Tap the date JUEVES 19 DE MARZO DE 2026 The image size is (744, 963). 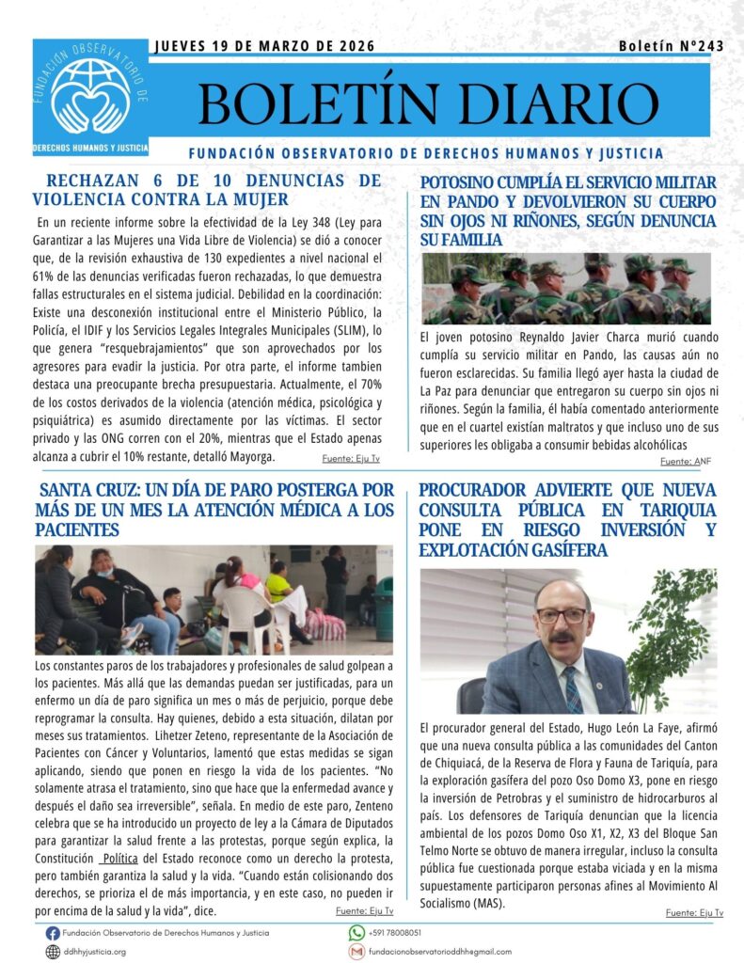coord(263,46)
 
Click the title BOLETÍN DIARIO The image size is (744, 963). coord(428,103)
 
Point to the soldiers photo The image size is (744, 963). coord(565,289)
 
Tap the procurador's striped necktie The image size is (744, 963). coord(573,687)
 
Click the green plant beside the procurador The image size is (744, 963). coord(671,639)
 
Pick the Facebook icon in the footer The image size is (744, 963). coord(53,933)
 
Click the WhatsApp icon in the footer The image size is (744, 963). coord(356,933)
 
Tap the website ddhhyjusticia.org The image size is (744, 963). coord(94,952)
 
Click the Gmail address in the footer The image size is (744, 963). coord(446,952)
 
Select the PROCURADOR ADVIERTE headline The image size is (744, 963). coord(567,520)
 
